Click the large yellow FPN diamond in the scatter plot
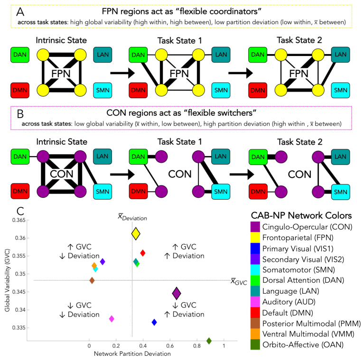click(x=136, y=233)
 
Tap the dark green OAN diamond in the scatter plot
click(x=209, y=341)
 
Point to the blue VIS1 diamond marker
click(x=154, y=322)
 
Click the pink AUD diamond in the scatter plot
click(x=112, y=319)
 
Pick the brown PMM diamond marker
click(x=92, y=280)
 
